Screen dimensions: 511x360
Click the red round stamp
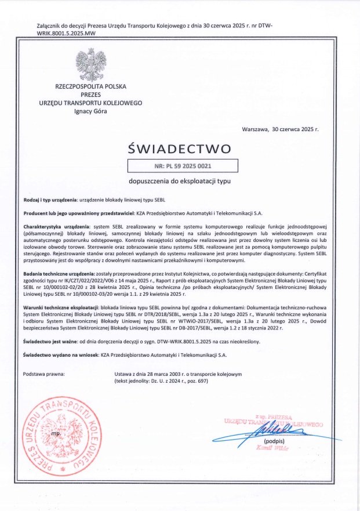57,433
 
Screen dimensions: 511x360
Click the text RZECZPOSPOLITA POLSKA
90,86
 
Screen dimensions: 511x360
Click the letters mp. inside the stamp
56,433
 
